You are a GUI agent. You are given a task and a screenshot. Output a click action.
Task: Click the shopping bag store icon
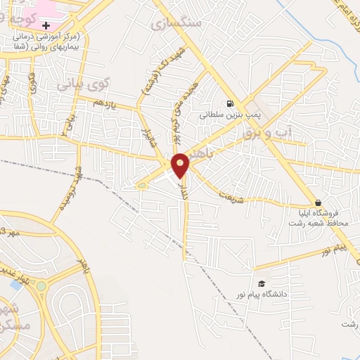click(318, 202)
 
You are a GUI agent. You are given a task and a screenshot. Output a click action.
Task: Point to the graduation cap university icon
click(262, 283)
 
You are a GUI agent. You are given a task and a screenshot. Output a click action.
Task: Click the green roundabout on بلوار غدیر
click(41, 286)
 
